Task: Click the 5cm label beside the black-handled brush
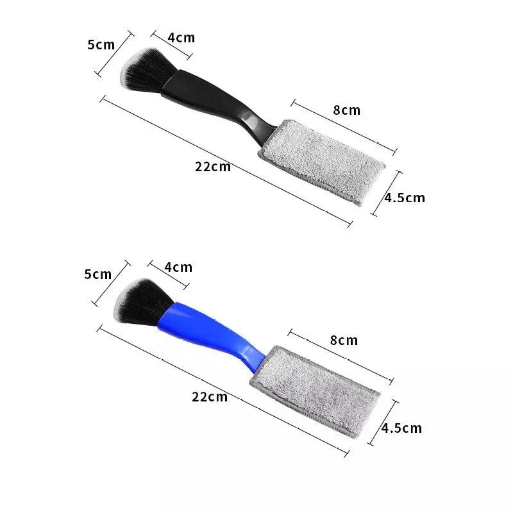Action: (101, 44)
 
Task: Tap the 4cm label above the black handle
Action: (181, 38)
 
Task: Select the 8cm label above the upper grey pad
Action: (346, 110)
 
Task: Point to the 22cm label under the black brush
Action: (212, 168)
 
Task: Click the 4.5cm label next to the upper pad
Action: (404, 198)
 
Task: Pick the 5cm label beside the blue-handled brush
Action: (98, 274)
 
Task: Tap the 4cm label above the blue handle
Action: (178, 267)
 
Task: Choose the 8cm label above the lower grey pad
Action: (343, 340)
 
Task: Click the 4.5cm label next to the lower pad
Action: (401, 428)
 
